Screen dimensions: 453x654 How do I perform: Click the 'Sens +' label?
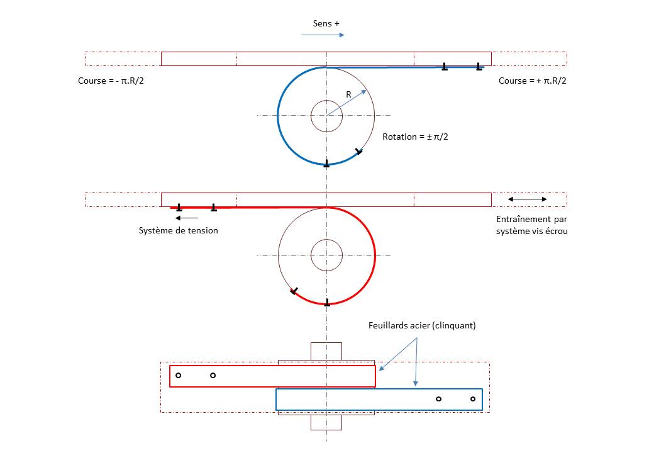[326, 24]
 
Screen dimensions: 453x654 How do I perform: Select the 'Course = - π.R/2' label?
[115, 81]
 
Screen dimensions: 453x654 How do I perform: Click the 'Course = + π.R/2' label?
[532, 81]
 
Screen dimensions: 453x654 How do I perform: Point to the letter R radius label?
[348, 95]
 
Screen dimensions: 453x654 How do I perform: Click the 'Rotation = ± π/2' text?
[416, 137]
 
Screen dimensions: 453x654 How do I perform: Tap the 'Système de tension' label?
[179, 230]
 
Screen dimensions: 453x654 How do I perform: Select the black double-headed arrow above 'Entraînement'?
[527, 199]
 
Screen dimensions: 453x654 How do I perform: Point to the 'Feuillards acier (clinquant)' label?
[422, 326]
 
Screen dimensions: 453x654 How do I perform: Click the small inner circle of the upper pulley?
[326, 116]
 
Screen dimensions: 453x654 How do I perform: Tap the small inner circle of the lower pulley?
[326, 255]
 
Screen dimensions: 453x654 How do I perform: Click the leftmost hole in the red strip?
[178, 376]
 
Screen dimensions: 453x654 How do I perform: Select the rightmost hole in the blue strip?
[473, 399]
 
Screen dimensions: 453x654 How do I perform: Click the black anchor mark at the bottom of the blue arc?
[326, 164]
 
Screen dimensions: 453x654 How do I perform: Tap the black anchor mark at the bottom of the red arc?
[326, 303]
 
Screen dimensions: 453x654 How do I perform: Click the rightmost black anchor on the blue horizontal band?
[479, 66]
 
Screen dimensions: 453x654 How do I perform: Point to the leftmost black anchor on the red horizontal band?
[179, 207]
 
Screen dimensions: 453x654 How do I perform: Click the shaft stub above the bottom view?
[326, 351]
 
